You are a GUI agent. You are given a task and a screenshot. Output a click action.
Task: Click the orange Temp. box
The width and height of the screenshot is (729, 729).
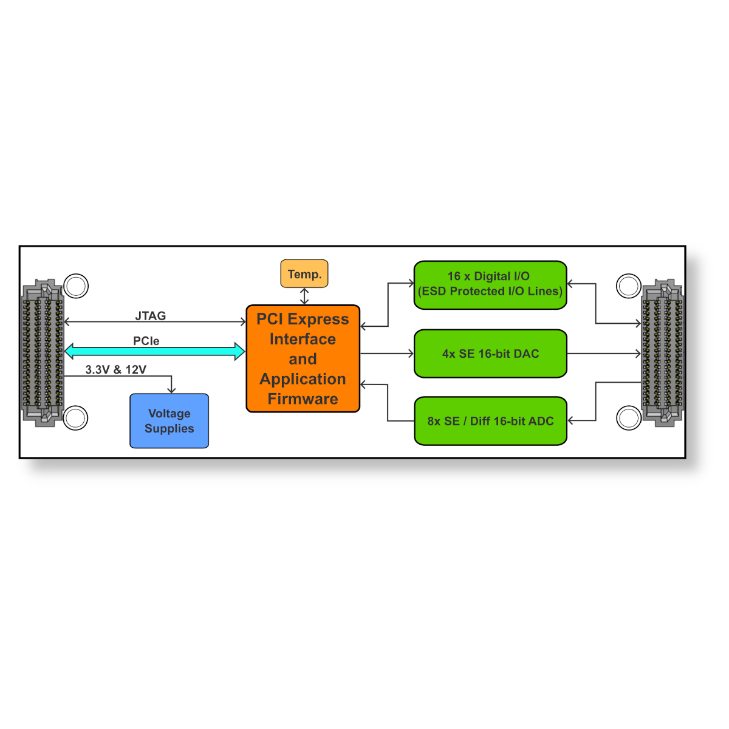click(304, 273)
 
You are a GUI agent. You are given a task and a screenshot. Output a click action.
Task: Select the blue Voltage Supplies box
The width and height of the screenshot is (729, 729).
click(169, 420)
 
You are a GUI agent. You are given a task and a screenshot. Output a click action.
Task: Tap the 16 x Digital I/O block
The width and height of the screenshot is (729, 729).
click(490, 285)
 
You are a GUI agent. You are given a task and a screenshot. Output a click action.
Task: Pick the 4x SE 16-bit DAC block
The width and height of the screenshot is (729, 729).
click(490, 354)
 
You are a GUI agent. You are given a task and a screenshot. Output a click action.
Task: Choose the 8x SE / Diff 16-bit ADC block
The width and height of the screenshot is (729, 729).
click(490, 420)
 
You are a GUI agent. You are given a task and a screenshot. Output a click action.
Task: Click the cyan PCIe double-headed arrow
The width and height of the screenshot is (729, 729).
click(155, 352)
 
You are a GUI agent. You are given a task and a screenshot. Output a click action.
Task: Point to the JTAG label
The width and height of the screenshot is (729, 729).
click(151, 315)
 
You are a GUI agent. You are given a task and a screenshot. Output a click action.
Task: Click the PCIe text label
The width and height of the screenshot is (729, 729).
click(146, 341)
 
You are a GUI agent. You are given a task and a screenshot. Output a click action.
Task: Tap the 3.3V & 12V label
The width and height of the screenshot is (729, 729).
click(116, 369)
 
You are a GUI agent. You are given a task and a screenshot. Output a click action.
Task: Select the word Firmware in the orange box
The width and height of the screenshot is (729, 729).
click(303, 399)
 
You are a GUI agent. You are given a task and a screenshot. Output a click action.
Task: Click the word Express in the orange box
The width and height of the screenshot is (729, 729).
click(318, 319)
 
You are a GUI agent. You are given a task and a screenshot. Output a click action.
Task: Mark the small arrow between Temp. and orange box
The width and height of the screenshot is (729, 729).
click(304, 296)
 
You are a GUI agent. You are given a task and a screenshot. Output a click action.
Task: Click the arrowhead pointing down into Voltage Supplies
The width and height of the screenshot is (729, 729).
click(171, 390)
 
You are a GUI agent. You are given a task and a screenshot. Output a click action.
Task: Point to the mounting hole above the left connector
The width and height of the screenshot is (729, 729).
click(76, 286)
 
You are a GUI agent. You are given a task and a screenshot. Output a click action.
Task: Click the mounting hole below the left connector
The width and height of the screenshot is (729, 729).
click(75, 418)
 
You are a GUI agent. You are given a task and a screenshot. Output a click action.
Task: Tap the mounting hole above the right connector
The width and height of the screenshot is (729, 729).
click(629, 286)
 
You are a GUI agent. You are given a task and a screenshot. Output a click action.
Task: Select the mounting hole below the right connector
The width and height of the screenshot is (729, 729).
click(629, 418)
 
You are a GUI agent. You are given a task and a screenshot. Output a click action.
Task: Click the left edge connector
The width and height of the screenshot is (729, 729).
click(43, 353)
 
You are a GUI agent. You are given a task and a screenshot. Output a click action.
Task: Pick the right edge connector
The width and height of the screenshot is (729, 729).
click(663, 353)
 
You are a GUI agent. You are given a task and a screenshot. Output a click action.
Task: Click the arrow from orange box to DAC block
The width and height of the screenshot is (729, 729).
click(387, 354)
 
